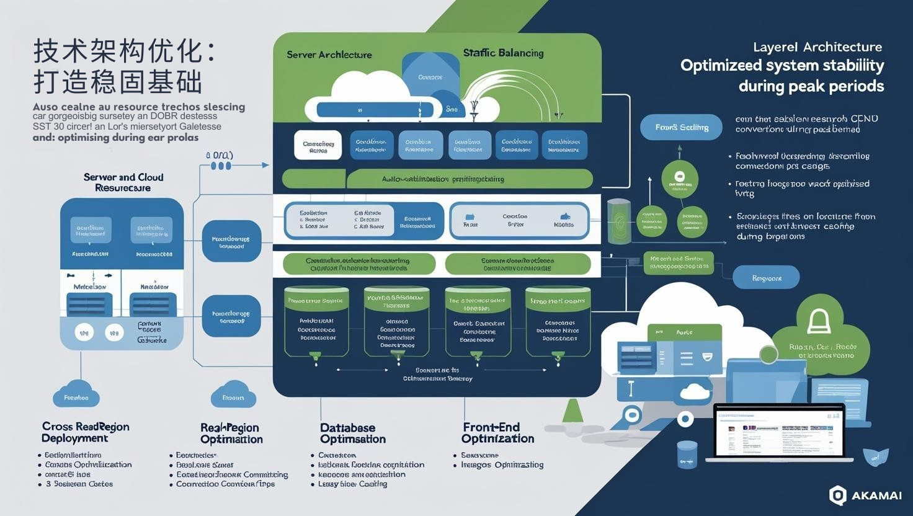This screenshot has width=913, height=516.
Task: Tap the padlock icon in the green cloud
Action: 819,321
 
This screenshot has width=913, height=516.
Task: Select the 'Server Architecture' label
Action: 329,55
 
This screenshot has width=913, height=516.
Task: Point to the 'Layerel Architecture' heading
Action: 817,47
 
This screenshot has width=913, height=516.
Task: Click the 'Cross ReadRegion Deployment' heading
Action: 85,432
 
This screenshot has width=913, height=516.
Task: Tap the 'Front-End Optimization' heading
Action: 497,433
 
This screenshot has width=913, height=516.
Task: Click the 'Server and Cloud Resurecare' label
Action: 123,182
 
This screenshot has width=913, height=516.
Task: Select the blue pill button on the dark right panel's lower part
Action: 766,278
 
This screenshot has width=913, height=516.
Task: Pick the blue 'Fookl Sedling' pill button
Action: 681,127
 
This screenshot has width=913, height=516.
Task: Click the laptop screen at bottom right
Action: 779,432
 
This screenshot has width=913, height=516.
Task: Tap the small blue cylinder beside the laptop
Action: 687,454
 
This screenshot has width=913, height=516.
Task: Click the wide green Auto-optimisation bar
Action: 438,179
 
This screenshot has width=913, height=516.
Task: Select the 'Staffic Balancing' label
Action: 503,53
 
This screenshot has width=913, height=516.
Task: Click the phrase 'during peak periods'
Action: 811,86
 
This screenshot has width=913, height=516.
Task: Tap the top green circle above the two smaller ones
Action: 679,179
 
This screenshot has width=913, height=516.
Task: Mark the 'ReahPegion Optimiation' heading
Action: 231,433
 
